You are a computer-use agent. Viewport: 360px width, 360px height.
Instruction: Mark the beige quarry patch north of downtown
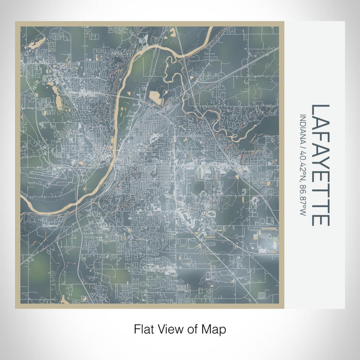155,96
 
